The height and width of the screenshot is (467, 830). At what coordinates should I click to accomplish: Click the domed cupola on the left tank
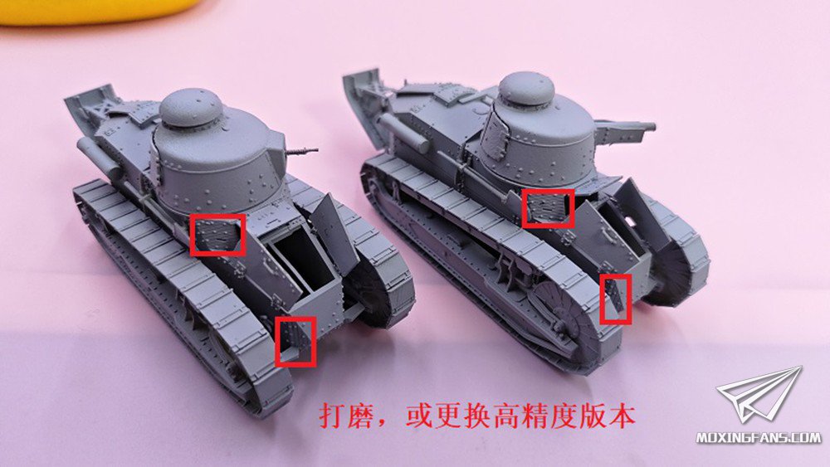coord(191,109)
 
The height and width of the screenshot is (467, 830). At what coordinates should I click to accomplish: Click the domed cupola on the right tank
coord(526,89)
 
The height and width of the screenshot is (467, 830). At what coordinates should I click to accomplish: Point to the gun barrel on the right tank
coord(629,128)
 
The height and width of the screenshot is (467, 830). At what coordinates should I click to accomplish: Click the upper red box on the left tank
coord(217,235)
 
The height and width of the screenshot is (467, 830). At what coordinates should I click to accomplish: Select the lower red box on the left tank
coord(295,341)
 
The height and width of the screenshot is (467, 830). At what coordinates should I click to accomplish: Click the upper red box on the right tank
coord(548,208)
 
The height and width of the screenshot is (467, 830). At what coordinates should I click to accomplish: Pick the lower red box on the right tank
coord(615,299)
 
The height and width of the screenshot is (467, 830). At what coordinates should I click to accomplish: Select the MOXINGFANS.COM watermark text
coord(759,437)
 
